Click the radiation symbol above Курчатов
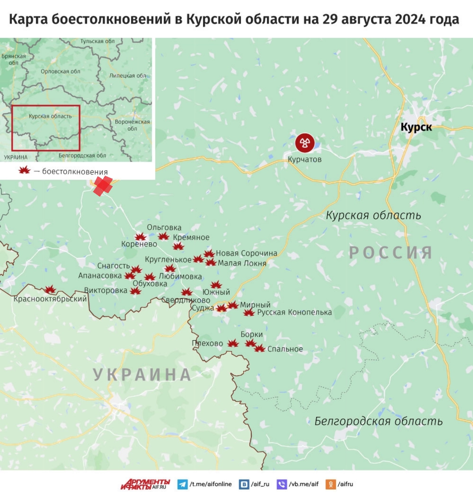coord(305,143)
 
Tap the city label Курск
coord(416,127)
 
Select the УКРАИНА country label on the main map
coord(142,375)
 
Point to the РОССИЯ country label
coord(390,253)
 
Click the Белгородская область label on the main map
coord(378,421)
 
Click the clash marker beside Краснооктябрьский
coord(50,290)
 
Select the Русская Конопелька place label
coord(294,312)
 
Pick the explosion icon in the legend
coord(24,170)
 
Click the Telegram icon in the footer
coord(182,484)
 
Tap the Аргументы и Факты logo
coord(145,484)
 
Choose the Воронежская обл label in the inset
coord(132,125)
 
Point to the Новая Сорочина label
coord(246,253)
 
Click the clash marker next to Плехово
coord(233,343)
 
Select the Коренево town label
coord(139,244)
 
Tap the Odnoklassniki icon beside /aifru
coord(330,484)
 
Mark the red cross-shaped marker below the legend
coord(103,186)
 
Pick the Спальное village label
coord(285,349)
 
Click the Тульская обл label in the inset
coord(97,41)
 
